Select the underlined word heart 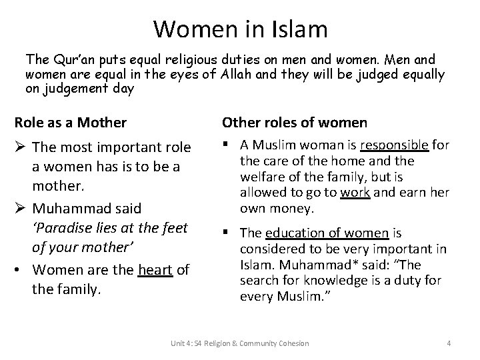pyautogui.click(x=155, y=270)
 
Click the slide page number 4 pyautogui.click(x=449, y=343)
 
